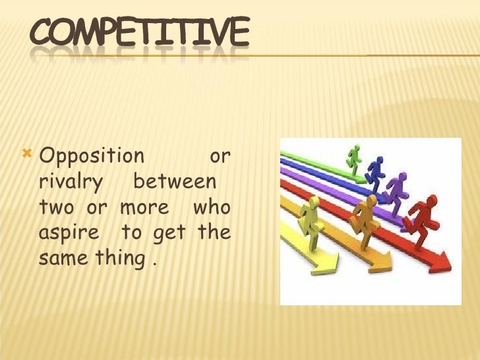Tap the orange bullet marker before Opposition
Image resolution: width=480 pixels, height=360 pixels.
(x=27, y=155)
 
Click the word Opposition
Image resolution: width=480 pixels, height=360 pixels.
(x=91, y=157)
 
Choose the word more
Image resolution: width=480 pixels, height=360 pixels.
(x=144, y=208)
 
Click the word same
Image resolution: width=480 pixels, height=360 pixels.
(x=55, y=259)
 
